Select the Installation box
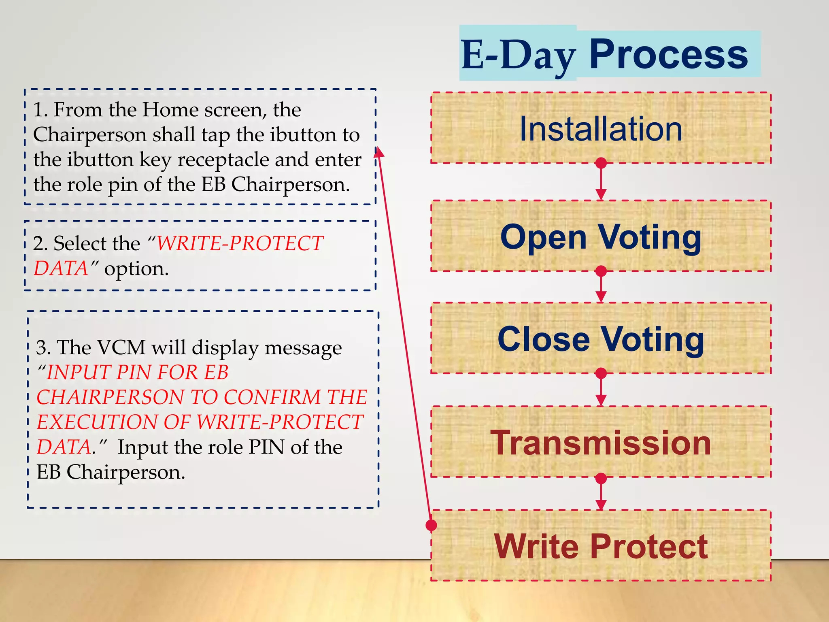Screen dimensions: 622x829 (601, 128)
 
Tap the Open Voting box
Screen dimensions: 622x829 (601, 236)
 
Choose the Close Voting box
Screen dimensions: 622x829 (601, 339)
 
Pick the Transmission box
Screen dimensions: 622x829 (601, 442)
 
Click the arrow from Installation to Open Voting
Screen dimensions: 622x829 (601, 182)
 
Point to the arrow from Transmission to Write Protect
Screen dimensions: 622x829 (601, 494)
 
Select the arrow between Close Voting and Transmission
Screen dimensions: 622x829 (601, 390)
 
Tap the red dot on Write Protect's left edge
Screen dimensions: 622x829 (432, 525)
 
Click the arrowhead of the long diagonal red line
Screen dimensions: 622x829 (378, 152)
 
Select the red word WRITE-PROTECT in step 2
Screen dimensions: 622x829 (240, 243)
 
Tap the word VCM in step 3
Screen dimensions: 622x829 (121, 347)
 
